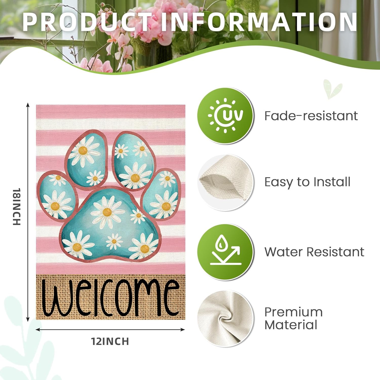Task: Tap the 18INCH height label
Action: click(x=17, y=206)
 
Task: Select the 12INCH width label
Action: click(x=110, y=341)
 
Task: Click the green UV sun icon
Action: click(x=225, y=116)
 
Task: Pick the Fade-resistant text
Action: click(x=311, y=116)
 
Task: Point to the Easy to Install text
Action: click(x=307, y=182)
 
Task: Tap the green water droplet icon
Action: click(x=225, y=252)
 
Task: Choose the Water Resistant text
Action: click(x=314, y=252)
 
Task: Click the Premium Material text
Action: click(x=293, y=318)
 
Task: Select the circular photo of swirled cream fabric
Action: click(x=225, y=318)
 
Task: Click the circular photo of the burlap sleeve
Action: click(x=225, y=182)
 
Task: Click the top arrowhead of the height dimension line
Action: click(x=28, y=105)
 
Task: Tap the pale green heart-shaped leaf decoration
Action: click(x=332, y=89)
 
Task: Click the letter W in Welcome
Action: click(x=56, y=299)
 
